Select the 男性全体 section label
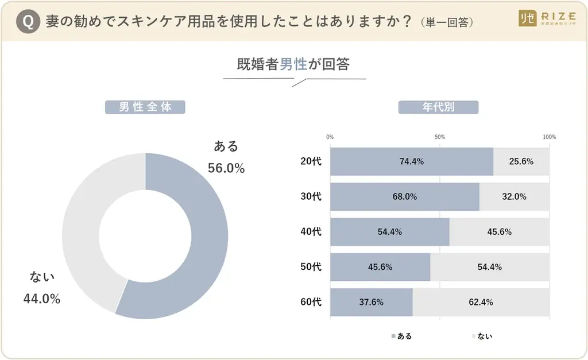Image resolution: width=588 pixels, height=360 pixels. pos(145,107)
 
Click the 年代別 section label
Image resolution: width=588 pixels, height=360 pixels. pos(438,107)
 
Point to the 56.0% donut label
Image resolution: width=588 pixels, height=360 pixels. pos(226,168)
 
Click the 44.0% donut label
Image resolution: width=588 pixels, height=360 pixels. pos(42,299)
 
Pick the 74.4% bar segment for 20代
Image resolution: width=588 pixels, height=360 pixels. pos(411,161)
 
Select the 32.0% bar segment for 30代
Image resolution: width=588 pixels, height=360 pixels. pos(514,196)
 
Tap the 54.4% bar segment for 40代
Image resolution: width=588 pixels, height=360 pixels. pos(390,232)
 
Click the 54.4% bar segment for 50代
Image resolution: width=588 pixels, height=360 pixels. pos(490,267)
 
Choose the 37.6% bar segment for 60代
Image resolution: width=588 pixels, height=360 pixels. pos(372,302)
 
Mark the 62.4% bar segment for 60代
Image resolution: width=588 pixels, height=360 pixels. pos(481,302)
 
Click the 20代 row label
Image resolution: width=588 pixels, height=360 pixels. pos(311,161)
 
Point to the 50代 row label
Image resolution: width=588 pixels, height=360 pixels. pos(311,267)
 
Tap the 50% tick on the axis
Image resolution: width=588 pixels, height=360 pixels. pos(440,137)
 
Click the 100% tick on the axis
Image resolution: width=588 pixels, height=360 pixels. pos(549,137)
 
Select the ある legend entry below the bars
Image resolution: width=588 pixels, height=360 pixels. pos(401,336)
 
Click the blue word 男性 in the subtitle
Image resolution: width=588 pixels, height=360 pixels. pos(293,64)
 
